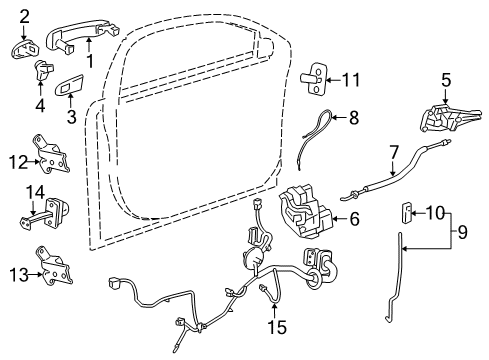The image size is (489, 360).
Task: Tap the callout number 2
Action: pos(24,14)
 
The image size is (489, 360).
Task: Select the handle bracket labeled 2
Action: pos(27,46)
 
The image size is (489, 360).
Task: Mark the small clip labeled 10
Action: pos(406,211)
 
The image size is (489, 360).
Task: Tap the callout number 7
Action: pos(394,154)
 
